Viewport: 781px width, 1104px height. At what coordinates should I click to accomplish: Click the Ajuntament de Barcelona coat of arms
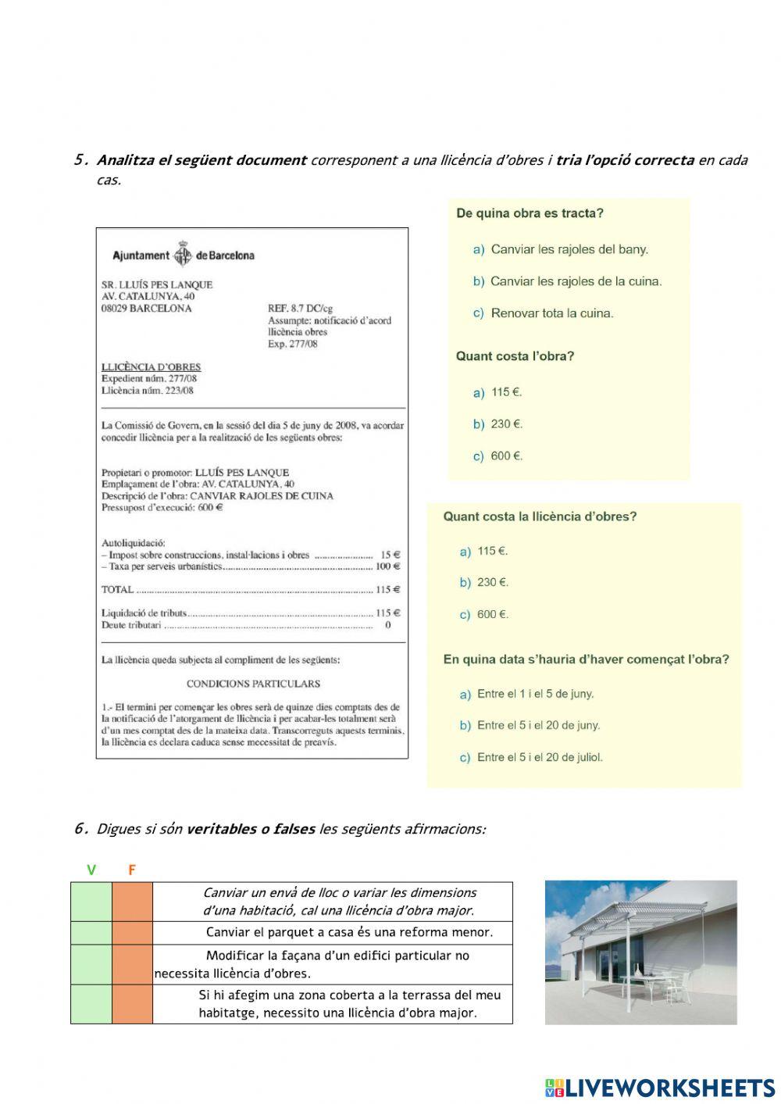coord(183,255)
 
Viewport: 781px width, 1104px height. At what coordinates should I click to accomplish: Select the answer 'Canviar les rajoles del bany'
coord(569,249)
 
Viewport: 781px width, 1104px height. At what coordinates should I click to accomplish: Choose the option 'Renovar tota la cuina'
coord(551,313)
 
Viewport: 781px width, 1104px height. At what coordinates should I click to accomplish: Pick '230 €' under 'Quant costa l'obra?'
coord(506,424)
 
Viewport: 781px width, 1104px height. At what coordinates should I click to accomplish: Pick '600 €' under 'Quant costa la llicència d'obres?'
coord(492,615)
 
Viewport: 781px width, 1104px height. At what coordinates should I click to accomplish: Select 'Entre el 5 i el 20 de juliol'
coord(540,757)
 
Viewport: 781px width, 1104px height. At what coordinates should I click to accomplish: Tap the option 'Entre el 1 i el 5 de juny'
coord(535,694)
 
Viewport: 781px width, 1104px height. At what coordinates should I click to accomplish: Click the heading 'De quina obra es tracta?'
coord(530,213)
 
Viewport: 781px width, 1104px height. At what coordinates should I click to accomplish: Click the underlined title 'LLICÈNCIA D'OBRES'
coord(151,366)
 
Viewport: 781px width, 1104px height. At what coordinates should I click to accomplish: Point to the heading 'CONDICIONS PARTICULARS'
coord(253,684)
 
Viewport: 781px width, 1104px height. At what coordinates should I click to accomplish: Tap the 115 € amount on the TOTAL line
coord(388,590)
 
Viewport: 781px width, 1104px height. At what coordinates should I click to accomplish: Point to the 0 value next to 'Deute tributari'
coord(388,625)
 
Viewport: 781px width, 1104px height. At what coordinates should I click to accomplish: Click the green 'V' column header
coord(91,870)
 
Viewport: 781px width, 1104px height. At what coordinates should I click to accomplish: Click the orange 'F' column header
coord(132,870)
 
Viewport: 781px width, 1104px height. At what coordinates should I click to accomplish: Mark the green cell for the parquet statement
coord(91,933)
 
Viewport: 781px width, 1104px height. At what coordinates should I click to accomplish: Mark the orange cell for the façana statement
coord(132,964)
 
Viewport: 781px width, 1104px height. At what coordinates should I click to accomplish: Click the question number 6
coord(80,828)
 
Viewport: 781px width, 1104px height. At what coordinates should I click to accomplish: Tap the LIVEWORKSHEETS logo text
coord(669,1088)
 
